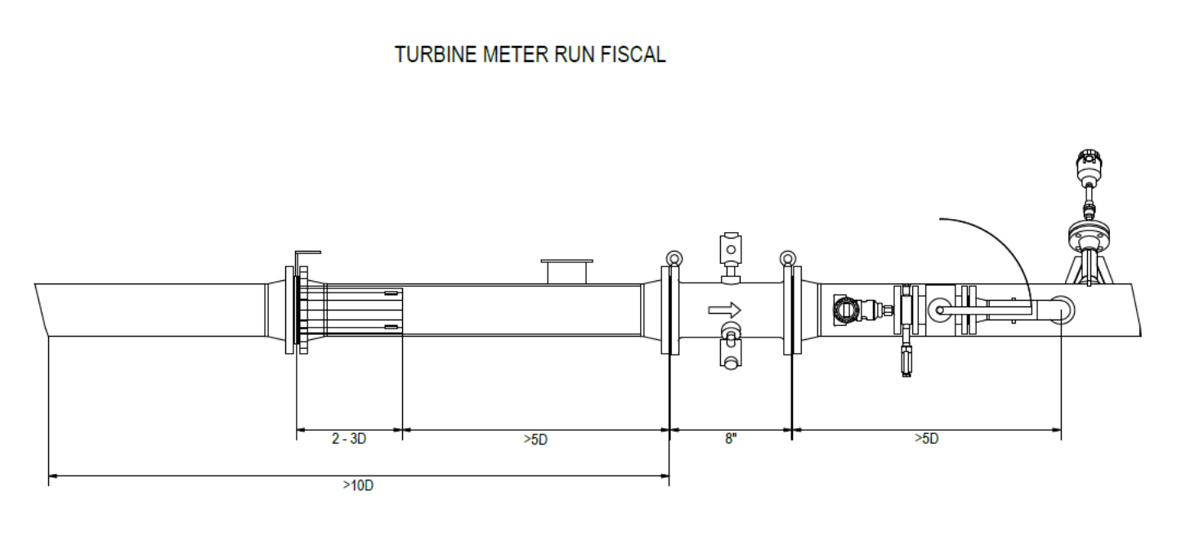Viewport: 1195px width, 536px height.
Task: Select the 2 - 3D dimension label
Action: [349, 439]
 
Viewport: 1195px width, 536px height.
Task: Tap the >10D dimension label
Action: [358, 485]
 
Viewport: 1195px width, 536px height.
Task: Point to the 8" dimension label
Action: [731, 439]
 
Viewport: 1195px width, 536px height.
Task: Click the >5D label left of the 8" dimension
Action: [535, 440]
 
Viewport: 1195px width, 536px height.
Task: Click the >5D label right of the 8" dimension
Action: [927, 439]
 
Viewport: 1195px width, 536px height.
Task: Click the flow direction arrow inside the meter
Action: [724, 310]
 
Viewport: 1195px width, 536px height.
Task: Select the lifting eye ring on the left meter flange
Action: [674, 259]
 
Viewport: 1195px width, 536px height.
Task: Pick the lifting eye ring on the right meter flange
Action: [788, 259]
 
